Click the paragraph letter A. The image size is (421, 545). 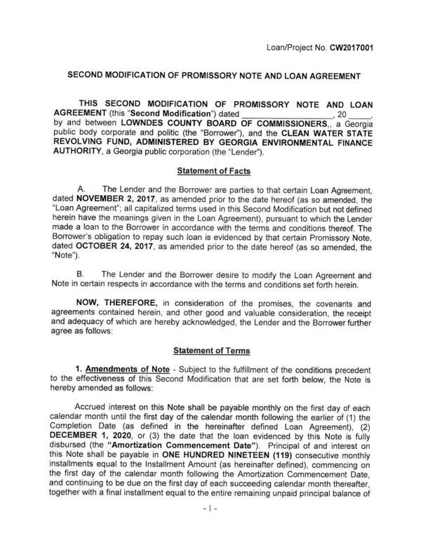[x=84, y=189]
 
